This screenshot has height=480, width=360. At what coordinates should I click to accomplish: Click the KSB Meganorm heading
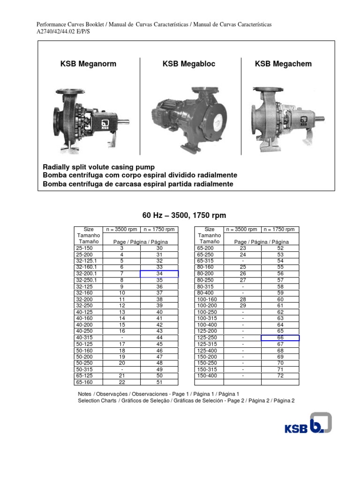88,64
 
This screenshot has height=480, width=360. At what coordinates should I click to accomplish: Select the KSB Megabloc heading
189,64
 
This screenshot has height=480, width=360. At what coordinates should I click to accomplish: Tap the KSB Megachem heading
283,64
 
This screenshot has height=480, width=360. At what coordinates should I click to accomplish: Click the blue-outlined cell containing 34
159,274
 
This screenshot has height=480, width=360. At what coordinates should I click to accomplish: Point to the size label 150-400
206,376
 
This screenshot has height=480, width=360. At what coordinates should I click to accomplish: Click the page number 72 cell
280,376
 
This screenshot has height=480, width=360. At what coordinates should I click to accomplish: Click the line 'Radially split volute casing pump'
99,167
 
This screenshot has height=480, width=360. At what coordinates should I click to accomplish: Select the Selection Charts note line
186,401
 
